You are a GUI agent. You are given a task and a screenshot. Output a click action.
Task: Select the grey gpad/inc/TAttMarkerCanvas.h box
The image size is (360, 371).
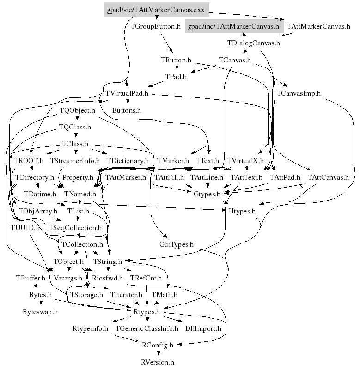coord(234,26)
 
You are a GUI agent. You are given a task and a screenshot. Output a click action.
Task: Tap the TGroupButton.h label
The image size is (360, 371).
coord(156,26)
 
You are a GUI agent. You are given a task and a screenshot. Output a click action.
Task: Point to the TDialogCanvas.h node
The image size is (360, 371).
coord(254,43)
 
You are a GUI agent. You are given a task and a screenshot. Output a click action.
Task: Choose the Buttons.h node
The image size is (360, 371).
coord(127,110)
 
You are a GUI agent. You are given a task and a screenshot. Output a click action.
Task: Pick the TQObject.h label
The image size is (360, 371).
coord(77,110)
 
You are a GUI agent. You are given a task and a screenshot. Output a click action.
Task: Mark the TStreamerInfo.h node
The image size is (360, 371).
coord(75,161)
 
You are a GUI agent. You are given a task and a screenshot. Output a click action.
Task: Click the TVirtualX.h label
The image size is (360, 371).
coord(245,161)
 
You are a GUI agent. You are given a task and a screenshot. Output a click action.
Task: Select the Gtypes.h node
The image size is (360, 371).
coord(207,194)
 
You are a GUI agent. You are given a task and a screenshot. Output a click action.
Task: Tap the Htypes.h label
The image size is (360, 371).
coord(242,211)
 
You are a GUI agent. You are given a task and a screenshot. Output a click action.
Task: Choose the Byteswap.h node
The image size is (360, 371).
coord(40,312)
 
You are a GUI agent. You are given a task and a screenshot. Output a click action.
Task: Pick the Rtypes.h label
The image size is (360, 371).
coord(147,312)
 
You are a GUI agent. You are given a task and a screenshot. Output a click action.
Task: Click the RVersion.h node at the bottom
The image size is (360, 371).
coord(158,362)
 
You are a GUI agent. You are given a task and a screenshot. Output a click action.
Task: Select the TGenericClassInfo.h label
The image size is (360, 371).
coord(147,329)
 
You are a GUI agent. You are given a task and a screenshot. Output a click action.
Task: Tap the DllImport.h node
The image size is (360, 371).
coord(203,329)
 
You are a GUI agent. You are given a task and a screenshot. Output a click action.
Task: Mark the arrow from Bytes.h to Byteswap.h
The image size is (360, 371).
coord(40,303)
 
